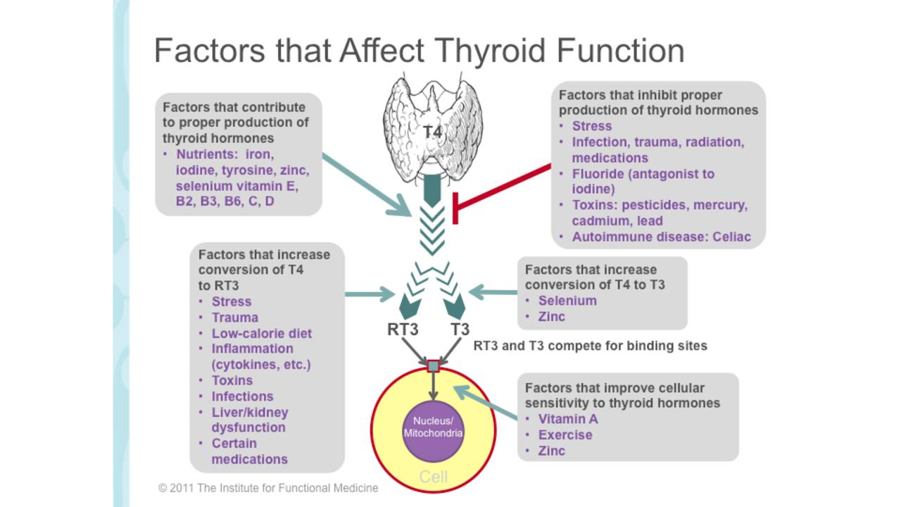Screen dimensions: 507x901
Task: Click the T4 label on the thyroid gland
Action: [x=432, y=132]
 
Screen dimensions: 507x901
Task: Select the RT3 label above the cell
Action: [x=403, y=329]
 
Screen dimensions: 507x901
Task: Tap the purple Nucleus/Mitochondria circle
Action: [x=433, y=427]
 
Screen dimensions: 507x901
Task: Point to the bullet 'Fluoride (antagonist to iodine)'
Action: [x=643, y=181]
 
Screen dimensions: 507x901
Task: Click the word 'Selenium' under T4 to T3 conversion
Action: [x=567, y=301]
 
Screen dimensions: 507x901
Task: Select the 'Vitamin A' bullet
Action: [x=568, y=419]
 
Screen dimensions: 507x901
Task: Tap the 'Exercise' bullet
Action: [x=565, y=434]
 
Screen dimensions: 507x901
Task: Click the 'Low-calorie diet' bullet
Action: [x=261, y=333]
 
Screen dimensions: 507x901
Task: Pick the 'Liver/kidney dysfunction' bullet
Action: [x=249, y=420]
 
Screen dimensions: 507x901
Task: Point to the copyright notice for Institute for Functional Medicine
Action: [x=268, y=488]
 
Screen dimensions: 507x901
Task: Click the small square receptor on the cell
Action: [x=433, y=366]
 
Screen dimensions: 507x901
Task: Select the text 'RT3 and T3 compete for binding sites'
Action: [x=590, y=346]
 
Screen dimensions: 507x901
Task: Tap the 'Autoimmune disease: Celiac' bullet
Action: [x=661, y=237]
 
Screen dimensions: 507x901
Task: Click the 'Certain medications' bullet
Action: [x=249, y=451]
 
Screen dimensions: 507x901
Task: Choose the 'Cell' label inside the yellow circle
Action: [x=433, y=477]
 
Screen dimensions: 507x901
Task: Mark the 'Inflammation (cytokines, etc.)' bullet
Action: [x=260, y=356]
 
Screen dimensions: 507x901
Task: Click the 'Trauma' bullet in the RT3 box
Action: [x=235, y=318]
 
